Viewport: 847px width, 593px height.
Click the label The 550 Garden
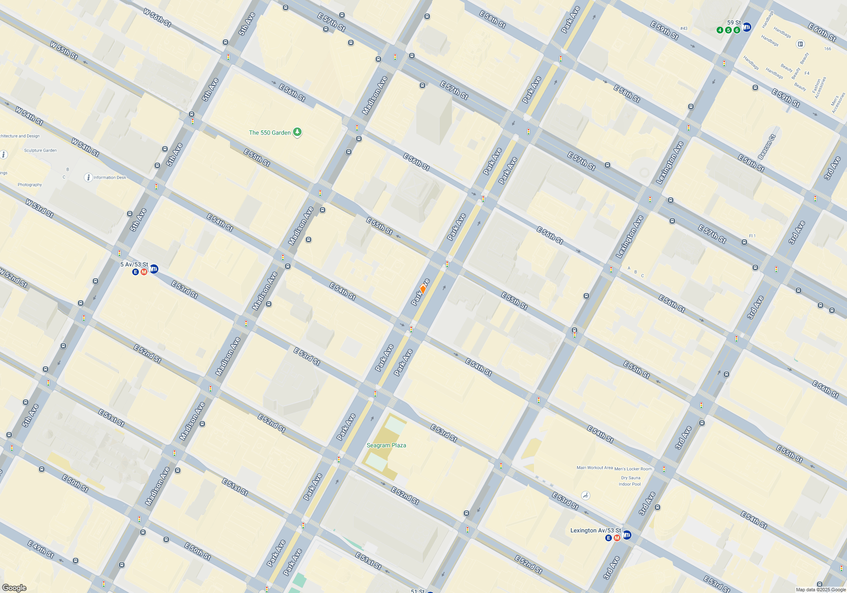coord(270,133)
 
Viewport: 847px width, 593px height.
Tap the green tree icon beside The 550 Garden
coord(298,133)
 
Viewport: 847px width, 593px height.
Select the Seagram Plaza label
coord(386,445)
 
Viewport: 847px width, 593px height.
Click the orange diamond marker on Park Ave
coord(423,289)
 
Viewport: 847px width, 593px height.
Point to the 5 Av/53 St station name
coord(134,264)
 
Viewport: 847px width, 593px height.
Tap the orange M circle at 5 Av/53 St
coord(144,272)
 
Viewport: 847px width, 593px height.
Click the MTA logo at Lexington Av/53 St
coord(627,535)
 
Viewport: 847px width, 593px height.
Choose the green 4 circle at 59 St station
coord(720,30)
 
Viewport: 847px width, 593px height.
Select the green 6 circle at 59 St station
coord(737,30)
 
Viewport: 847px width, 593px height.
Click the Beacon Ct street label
coord(767,147)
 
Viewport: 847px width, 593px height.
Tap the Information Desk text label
coord(110,177)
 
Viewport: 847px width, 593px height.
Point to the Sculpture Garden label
coord(40,150)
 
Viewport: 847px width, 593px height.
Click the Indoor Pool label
coord(630,484)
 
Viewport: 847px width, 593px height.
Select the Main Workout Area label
coord(595,468)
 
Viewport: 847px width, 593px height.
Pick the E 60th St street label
coord(822,32)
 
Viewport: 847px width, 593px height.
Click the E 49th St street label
coord(41,549)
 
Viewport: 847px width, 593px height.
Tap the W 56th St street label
coord(157,18)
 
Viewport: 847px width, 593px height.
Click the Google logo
coord(14,588)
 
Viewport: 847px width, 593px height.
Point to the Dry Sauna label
coord(631,478)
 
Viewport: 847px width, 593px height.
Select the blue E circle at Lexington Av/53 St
coord(609,538)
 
